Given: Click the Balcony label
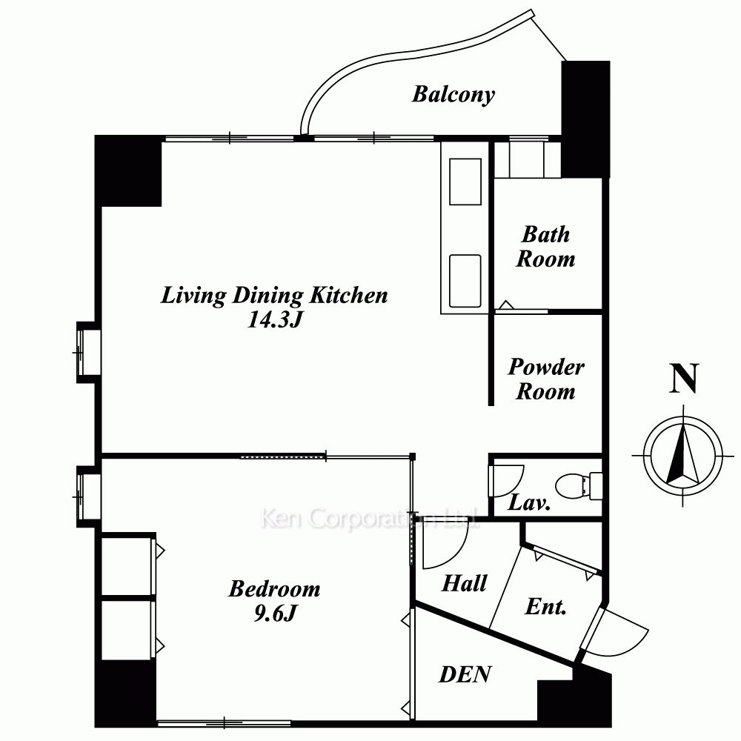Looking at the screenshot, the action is point(453,95).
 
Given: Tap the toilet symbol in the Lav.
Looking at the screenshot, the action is point(579,486).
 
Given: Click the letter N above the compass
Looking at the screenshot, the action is point(684,378).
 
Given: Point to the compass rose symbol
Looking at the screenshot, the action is point(683,456).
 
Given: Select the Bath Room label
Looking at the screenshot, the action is point(546,247).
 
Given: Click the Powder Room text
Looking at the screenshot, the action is point(546,379).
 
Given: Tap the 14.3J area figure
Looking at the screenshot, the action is point(275,320).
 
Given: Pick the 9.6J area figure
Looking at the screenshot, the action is point(275,614).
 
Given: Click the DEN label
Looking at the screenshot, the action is point(465,674).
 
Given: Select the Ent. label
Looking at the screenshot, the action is point(545,606).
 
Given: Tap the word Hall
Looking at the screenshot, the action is point(464,583).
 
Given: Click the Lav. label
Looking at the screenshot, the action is point(529,503).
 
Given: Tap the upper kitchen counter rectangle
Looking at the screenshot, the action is point(465,182).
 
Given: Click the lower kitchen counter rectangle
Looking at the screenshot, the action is point(465,281).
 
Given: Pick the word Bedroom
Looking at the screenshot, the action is point(275,589).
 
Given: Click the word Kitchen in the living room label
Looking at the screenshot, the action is point(348,296).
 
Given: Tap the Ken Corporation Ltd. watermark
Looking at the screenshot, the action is point(370,518).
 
